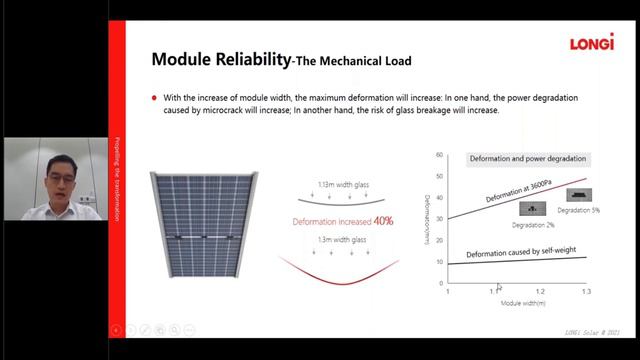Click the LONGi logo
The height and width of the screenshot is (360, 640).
[591, 42]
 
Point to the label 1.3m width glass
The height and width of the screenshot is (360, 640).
[339, 240]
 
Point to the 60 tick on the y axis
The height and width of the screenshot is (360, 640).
[439, 155]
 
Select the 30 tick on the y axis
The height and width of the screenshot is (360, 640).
[439, 219]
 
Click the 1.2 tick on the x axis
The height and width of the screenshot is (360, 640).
[541, 291]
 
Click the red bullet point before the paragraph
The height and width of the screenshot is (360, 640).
[154, 98]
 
